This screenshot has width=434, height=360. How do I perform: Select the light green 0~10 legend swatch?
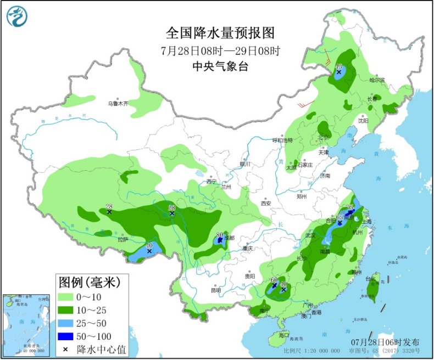[66, 297]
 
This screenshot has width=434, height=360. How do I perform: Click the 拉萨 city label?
[123, 239]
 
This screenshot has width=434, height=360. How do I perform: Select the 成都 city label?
[229, 238]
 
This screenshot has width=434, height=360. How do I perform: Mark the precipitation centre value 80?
[220, 234]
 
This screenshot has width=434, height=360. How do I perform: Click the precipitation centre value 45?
[338, 66]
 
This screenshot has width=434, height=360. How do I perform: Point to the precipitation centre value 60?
[274, 280]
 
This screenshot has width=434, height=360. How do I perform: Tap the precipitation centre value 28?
[109, 206]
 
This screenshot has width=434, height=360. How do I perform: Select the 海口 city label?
[283, 335]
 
